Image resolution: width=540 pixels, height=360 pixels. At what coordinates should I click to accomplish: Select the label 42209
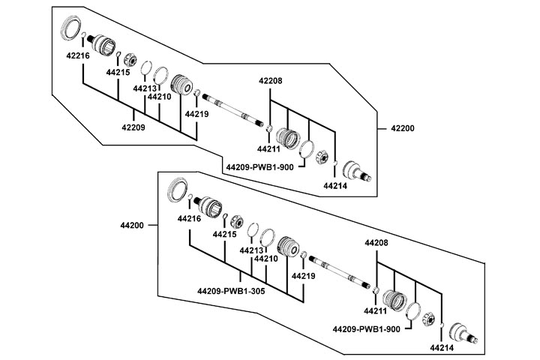pos(133,127)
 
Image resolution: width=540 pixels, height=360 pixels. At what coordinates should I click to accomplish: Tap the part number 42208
pos(271,80)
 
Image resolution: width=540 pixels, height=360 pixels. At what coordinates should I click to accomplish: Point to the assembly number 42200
pos(402,129)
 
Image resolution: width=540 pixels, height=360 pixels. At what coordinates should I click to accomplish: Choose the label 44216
pos(189,218)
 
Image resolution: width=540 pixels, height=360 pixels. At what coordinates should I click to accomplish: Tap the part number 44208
pos(377,244)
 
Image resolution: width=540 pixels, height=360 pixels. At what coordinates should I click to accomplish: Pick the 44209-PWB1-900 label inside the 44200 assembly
pos(367,329)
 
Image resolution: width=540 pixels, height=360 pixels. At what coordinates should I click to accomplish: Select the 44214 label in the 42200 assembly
pos(335,185)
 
